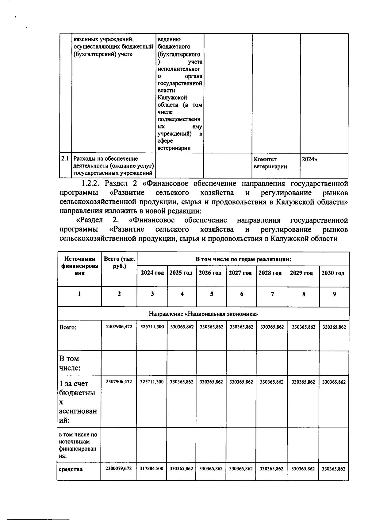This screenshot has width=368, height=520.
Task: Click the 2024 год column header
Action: pos(152,273)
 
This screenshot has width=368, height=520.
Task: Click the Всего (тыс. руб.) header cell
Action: pos(119,263)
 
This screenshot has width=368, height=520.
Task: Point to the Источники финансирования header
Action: pos(80,266)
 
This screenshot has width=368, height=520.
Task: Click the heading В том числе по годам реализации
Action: pos(243,259)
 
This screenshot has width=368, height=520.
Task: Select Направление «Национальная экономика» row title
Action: pos(203,314)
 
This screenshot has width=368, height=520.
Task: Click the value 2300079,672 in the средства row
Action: pos(118,469)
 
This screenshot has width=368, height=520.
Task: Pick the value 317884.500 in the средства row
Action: pos(151,469)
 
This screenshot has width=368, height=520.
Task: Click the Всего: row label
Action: pos(68,327)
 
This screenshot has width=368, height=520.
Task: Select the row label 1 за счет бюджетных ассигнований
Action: pos(78,401)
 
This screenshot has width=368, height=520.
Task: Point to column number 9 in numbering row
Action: pos(334,294)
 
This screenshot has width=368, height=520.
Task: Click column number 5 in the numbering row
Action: pos(212,294)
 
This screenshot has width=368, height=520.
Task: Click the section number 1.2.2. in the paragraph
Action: pos(91,184)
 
